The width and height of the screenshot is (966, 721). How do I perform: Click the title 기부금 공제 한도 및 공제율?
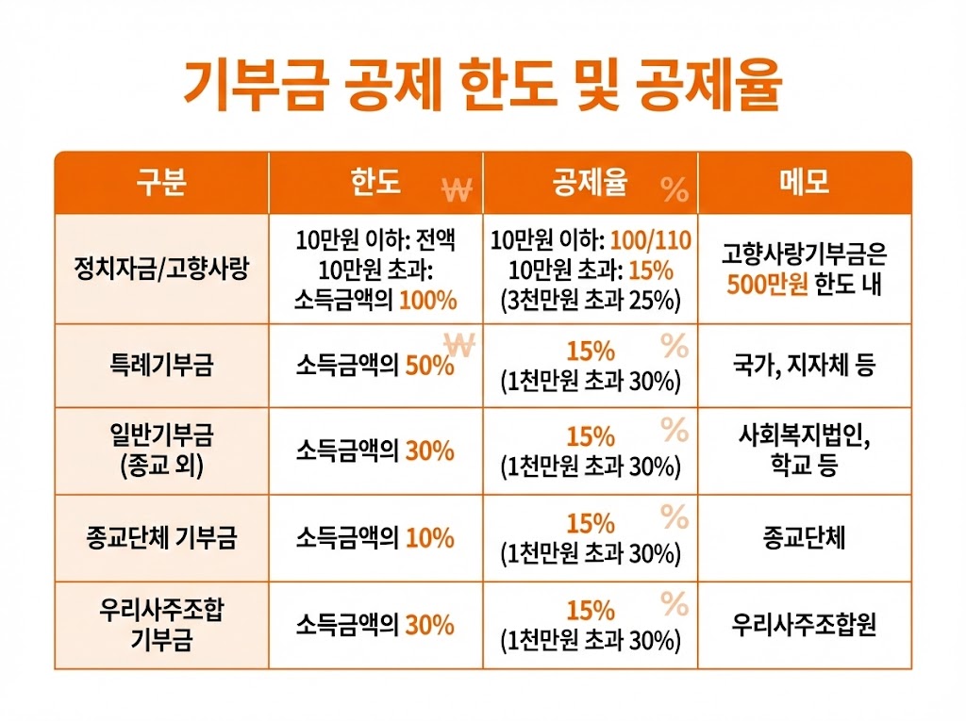482,84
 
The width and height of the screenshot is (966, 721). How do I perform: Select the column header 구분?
161,182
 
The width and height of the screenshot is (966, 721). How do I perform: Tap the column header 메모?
805,182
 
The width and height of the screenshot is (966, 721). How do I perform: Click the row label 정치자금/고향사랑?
161,269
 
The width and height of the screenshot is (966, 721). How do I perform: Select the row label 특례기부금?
161,366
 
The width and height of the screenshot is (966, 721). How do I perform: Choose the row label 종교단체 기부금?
161,538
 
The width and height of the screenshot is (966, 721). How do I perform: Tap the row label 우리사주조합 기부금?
161,625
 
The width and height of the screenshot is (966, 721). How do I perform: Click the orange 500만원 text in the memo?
768,285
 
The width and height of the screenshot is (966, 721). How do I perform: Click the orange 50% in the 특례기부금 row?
429,366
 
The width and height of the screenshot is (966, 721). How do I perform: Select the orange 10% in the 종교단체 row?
429,538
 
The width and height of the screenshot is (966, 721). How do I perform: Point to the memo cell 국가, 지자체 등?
805,366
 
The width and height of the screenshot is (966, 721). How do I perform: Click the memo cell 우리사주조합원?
805,625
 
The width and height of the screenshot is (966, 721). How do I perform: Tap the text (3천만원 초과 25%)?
591,301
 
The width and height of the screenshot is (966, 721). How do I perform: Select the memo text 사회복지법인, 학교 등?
805,451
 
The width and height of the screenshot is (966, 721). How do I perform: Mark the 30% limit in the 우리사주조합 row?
429,625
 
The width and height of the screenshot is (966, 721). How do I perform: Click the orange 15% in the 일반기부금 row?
591,437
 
